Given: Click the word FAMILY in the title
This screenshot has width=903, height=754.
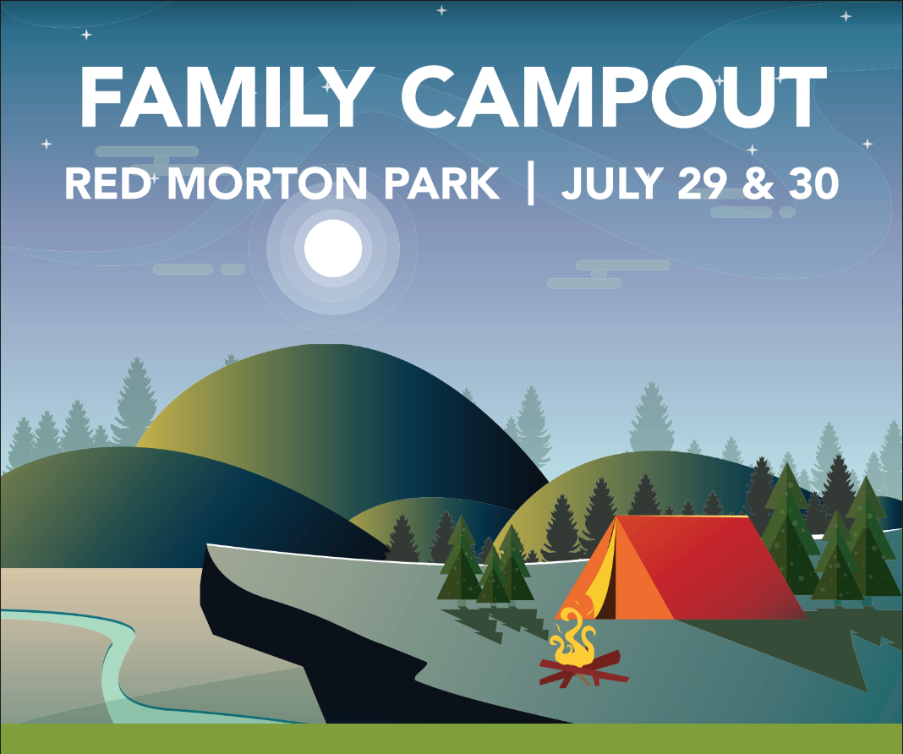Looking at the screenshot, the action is click(223, 96).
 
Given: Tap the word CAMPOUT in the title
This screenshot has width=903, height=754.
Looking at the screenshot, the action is click(613, 96).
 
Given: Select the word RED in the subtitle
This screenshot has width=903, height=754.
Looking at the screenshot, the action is click(107, 183).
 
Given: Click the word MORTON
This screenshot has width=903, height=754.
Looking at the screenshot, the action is click(267, 183).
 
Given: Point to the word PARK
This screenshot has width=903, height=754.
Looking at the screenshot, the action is click(441, 183).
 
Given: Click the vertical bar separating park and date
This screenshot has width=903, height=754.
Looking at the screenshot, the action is click(530, 183).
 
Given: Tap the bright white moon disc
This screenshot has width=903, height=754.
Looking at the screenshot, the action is click(333, 248).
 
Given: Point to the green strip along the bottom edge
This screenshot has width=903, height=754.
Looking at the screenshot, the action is click(451, 739).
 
